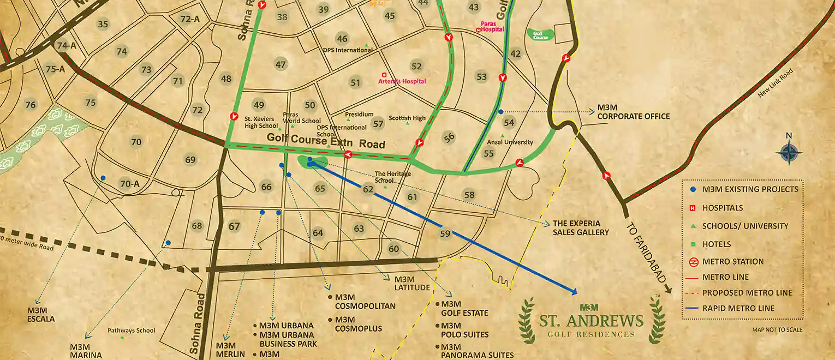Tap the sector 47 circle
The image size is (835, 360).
pos(281,64)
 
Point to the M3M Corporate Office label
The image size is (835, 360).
pos(633,112)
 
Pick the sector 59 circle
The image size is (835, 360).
pos(445,233)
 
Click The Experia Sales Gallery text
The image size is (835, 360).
pos(580,228)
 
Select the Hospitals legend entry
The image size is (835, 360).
pos(722,208)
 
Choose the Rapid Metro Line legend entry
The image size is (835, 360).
pos(738,308)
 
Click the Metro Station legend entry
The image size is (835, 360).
pos(732,261)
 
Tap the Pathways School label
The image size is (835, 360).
pos(131,331)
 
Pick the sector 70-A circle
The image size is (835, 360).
pos(130,184)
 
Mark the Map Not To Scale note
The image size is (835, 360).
pos(777,330)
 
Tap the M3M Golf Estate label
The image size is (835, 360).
pos(464,309)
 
